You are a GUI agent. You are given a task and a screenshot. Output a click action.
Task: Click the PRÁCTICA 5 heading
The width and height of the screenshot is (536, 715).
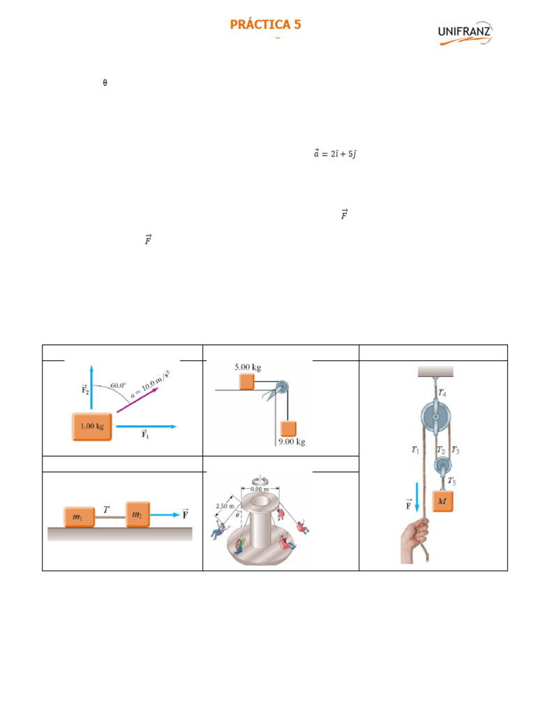[266, 24]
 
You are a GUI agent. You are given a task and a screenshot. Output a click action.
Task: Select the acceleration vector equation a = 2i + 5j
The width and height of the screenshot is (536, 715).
[335, 153]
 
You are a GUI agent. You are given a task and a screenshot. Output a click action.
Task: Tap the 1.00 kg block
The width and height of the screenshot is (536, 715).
[91, 427]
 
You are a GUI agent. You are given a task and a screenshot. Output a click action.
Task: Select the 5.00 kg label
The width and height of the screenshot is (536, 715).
[248, 366]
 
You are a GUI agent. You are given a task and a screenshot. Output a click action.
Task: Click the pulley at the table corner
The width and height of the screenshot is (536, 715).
[281, 388]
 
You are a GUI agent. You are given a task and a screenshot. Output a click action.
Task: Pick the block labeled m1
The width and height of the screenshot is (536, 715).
[80, 515]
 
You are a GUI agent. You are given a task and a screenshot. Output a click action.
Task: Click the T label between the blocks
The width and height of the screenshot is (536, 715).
[106, 510]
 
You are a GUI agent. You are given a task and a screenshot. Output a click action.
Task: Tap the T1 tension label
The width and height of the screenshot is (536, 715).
[416, 450]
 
